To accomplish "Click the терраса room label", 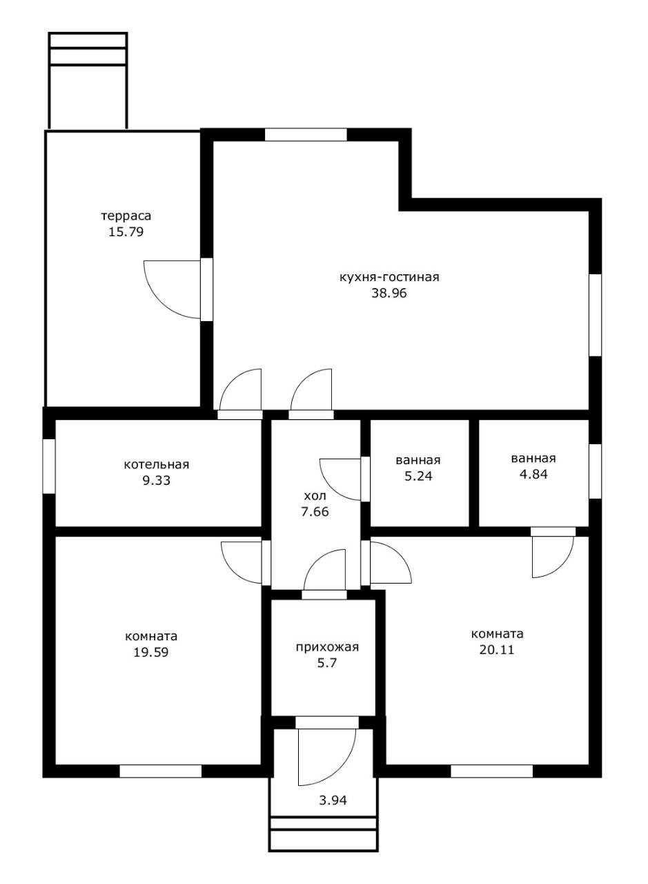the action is point(126,217).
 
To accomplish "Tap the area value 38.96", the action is point(389,294).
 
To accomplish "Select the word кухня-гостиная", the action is point(389,277).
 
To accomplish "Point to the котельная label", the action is point(157,465).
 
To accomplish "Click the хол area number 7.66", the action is point(315,512).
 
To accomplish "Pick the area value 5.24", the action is point(418,476).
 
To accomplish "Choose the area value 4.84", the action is point(533,474).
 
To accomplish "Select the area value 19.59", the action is point(151,652).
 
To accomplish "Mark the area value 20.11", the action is point(497,650).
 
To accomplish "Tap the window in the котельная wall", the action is point(49,466).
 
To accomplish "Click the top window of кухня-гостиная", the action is point(306,135).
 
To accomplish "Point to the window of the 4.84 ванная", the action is point(596,471).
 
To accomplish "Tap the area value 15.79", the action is point(126,231).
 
